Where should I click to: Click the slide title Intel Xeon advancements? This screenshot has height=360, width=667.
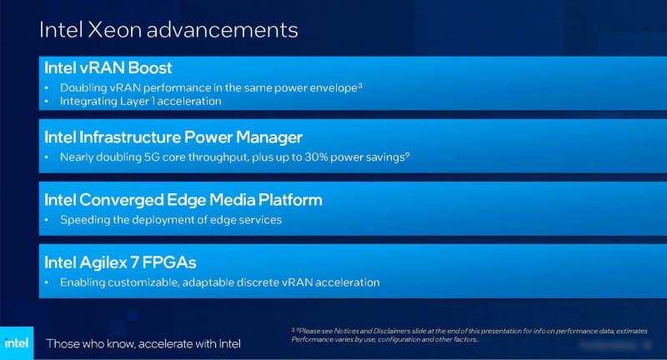pyautogui.click(x=168, y=31)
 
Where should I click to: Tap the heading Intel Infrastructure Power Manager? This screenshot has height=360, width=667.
pyautogui.click(x=173, y=136)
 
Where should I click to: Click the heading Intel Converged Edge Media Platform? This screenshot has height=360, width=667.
pyautogui.click(x=183, y=200)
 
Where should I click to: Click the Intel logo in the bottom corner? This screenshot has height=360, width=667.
pyautogui.click(x=17, y=342)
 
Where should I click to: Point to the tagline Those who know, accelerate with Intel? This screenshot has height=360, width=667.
pyautogui.click(x=143, y=343)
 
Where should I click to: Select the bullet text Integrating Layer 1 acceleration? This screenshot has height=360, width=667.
pyautogui.click(x=140, y=101)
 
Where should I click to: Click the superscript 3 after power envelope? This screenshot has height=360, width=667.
pyautogui.click(x=359, y=84)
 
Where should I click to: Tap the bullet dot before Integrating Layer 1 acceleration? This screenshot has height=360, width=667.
pyautogui.click(x=47, y=102)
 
